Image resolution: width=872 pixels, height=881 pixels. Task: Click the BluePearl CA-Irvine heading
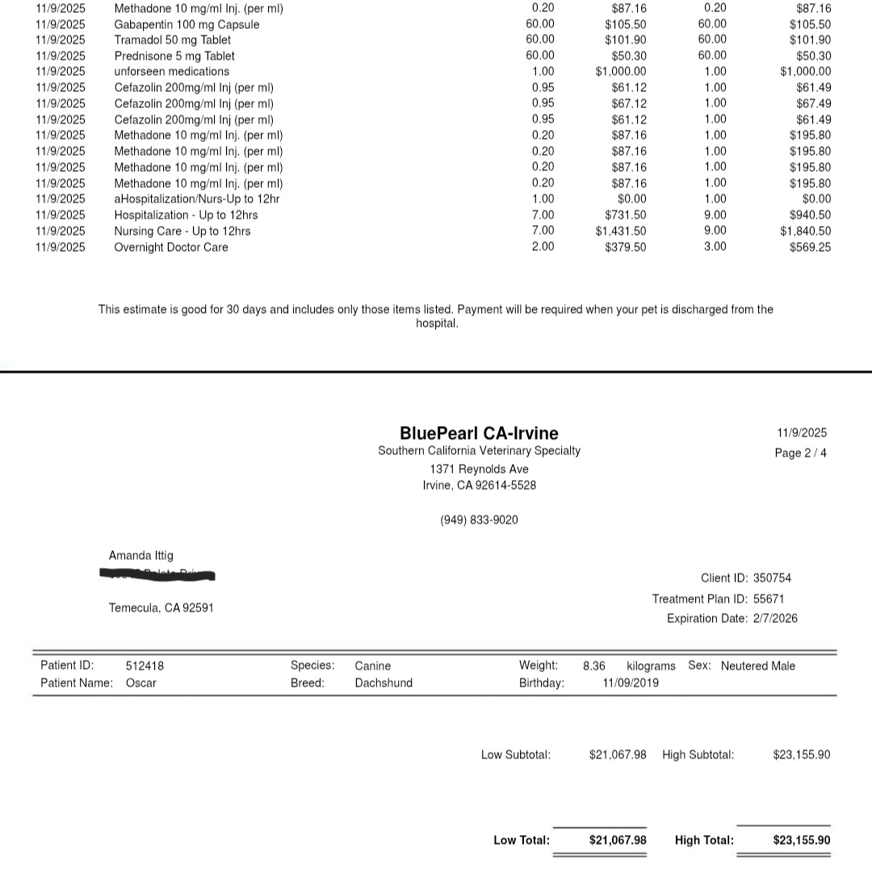479,433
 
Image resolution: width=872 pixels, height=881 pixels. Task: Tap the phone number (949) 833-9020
479,520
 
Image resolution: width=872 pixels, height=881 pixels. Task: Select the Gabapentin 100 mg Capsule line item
187,24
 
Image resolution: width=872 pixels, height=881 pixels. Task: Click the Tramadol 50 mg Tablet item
172,40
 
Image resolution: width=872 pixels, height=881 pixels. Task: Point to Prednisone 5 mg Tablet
174,56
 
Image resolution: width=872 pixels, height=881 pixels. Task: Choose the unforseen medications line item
171,71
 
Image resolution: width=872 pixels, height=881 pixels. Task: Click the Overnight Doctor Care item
170,247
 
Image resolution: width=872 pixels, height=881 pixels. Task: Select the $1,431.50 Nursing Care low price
620,231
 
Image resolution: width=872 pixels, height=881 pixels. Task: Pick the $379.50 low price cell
625,247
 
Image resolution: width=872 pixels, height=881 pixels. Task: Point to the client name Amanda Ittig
140,555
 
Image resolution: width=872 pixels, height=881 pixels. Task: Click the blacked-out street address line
157,575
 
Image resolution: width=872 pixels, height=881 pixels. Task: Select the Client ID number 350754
772,578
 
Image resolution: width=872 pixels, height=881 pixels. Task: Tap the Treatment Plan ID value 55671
768,599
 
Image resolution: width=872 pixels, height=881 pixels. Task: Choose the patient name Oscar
141,683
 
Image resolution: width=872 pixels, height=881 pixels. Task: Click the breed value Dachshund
384,683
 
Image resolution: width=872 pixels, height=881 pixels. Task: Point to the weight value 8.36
593,666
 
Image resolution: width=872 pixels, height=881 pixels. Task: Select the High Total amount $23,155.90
801,840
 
